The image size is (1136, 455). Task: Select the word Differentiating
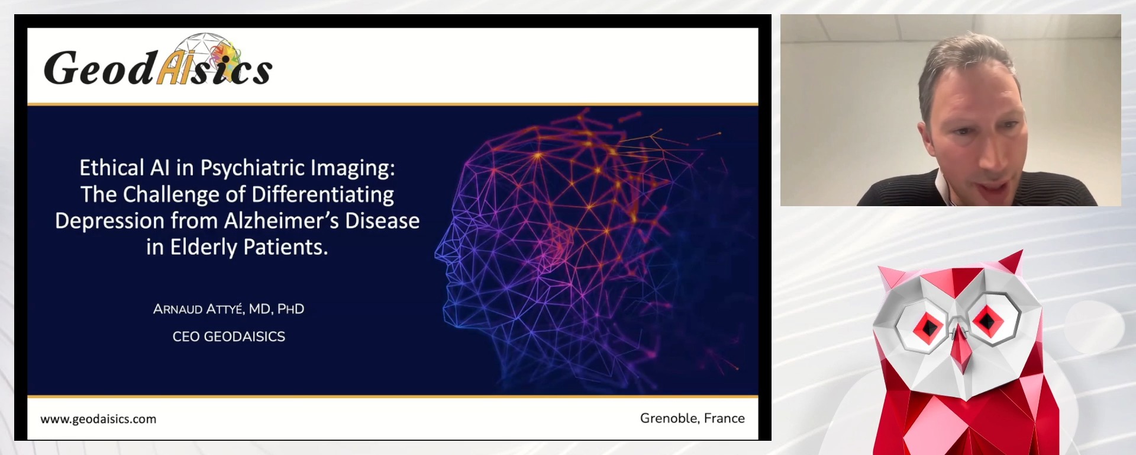tap(322, 194)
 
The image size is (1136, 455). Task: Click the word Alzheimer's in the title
tap(281, 221)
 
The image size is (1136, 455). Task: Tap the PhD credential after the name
tap(291, 309)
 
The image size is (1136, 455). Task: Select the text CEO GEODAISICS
tap(228, 337)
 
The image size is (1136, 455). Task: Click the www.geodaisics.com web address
tap(98, 419)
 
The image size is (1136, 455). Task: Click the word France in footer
tap(724, 418)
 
